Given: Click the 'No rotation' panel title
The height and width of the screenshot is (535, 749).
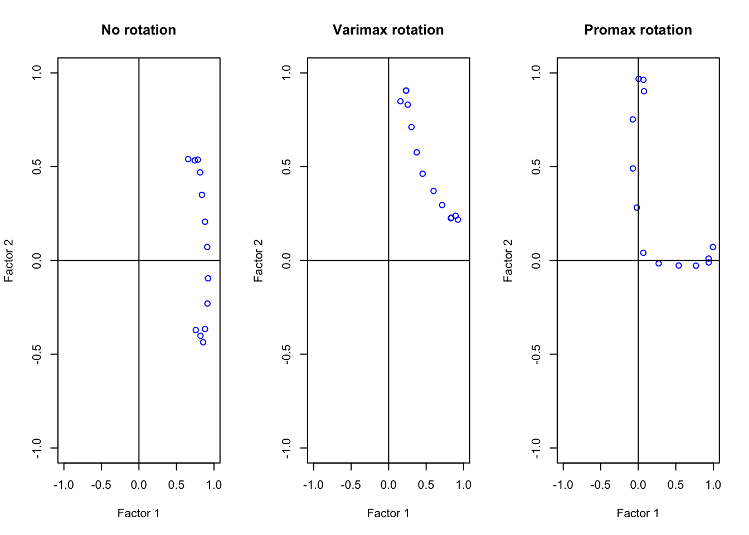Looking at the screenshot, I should pyautogui.click(x=138, y=30).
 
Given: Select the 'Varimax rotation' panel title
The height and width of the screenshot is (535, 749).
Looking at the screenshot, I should pyautogui.click(x=388, y=30).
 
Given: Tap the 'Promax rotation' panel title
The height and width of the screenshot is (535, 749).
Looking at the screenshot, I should pyautogui.click(x=638, y=30).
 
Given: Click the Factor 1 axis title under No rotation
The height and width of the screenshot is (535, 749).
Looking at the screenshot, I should pyautogui.click(x=138, y=513).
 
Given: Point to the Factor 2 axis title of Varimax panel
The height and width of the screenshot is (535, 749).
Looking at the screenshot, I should pyautogui.click(x=258, y=260).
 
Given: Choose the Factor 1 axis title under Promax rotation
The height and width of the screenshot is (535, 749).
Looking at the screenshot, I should pyautogui.click(x=638, y=513).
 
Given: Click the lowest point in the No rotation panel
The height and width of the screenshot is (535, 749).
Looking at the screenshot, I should pyautogui.click(x=203, y=342).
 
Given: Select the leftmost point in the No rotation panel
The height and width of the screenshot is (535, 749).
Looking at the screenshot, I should pyautogui.click(x=188, y=159).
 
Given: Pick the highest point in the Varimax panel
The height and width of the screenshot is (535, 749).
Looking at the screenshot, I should pyautogui.click(x=406, y=91).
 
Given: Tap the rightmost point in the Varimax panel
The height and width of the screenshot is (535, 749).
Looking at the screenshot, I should pyautogui.click(x=458, y=220).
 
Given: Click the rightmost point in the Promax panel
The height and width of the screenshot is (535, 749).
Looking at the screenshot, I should pyautogui.click(x=713, y=247).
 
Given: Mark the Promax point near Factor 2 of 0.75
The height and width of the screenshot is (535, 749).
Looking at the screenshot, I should pyautogui.click(x=633, y=119).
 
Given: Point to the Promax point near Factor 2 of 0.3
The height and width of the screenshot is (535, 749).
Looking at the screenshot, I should pyautogui.click(x=636, y=208).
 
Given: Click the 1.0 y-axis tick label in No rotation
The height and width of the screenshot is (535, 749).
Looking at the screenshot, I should pyautogui.click(x=37, y=72).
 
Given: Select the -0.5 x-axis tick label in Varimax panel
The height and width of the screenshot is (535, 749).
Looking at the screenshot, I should pyautogui.click(x=351, y=485).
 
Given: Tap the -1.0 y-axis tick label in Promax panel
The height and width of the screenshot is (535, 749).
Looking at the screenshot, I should pyautogui.click(x=537, y=448).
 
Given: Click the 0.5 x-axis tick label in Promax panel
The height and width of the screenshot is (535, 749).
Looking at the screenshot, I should pyautogui.click(x=675, y=485).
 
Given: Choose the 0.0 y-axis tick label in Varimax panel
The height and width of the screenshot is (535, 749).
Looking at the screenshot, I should pyautogui.click(x=287, y=260).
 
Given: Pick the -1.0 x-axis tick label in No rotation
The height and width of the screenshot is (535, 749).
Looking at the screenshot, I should pyautogui.click(x=64, y=485).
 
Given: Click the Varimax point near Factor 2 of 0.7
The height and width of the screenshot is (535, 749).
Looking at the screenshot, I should pyautogui.click(x=411, y=127).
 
